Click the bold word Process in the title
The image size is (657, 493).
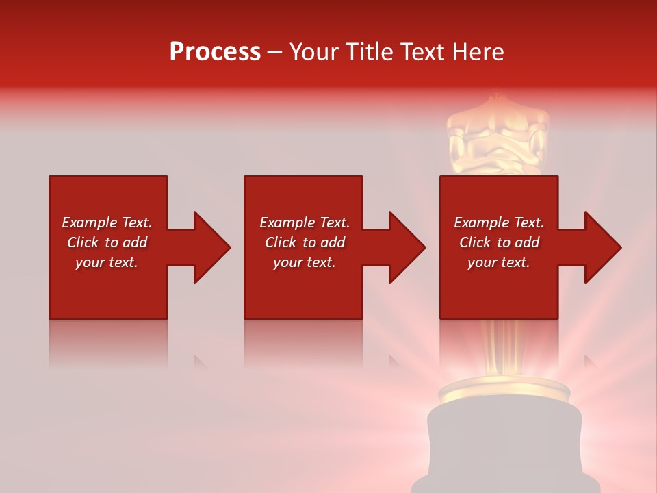[x=215, y=52]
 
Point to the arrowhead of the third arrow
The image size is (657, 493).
[x=602, y=247]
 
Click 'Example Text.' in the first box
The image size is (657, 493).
[x=107, y=223]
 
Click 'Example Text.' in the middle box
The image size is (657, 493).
[x=304, y=223]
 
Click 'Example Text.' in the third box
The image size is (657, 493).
[x=499, y=223]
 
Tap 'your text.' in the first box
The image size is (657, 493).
[x=107, y=262]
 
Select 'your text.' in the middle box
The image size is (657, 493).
[x=304, y=262]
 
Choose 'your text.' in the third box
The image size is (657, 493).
[x=499, y=262]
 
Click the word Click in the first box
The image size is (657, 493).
[x=83, y=242]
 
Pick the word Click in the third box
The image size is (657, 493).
[x=475, y=242]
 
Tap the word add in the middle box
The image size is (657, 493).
[x=333, y=242]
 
